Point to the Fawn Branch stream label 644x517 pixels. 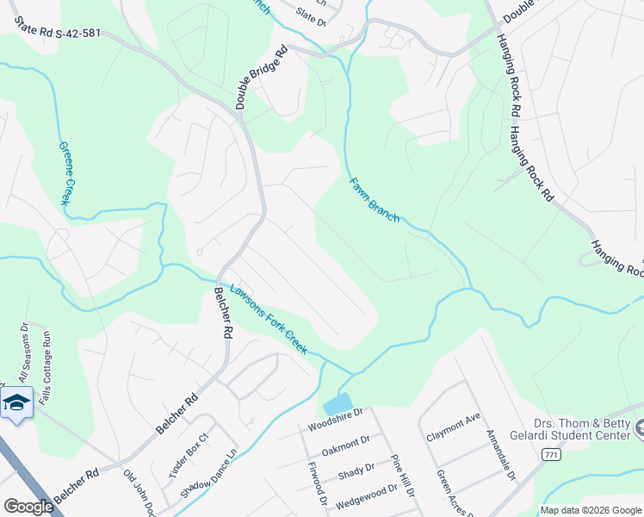point(374,199)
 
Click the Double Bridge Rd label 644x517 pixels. point(259,78)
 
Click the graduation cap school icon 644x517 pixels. point(15,402)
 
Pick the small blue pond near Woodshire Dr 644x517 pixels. point(338,403)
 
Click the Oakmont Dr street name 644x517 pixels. point(345,445)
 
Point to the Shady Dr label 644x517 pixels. point(356,472)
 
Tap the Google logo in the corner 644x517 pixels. point(28,507)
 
